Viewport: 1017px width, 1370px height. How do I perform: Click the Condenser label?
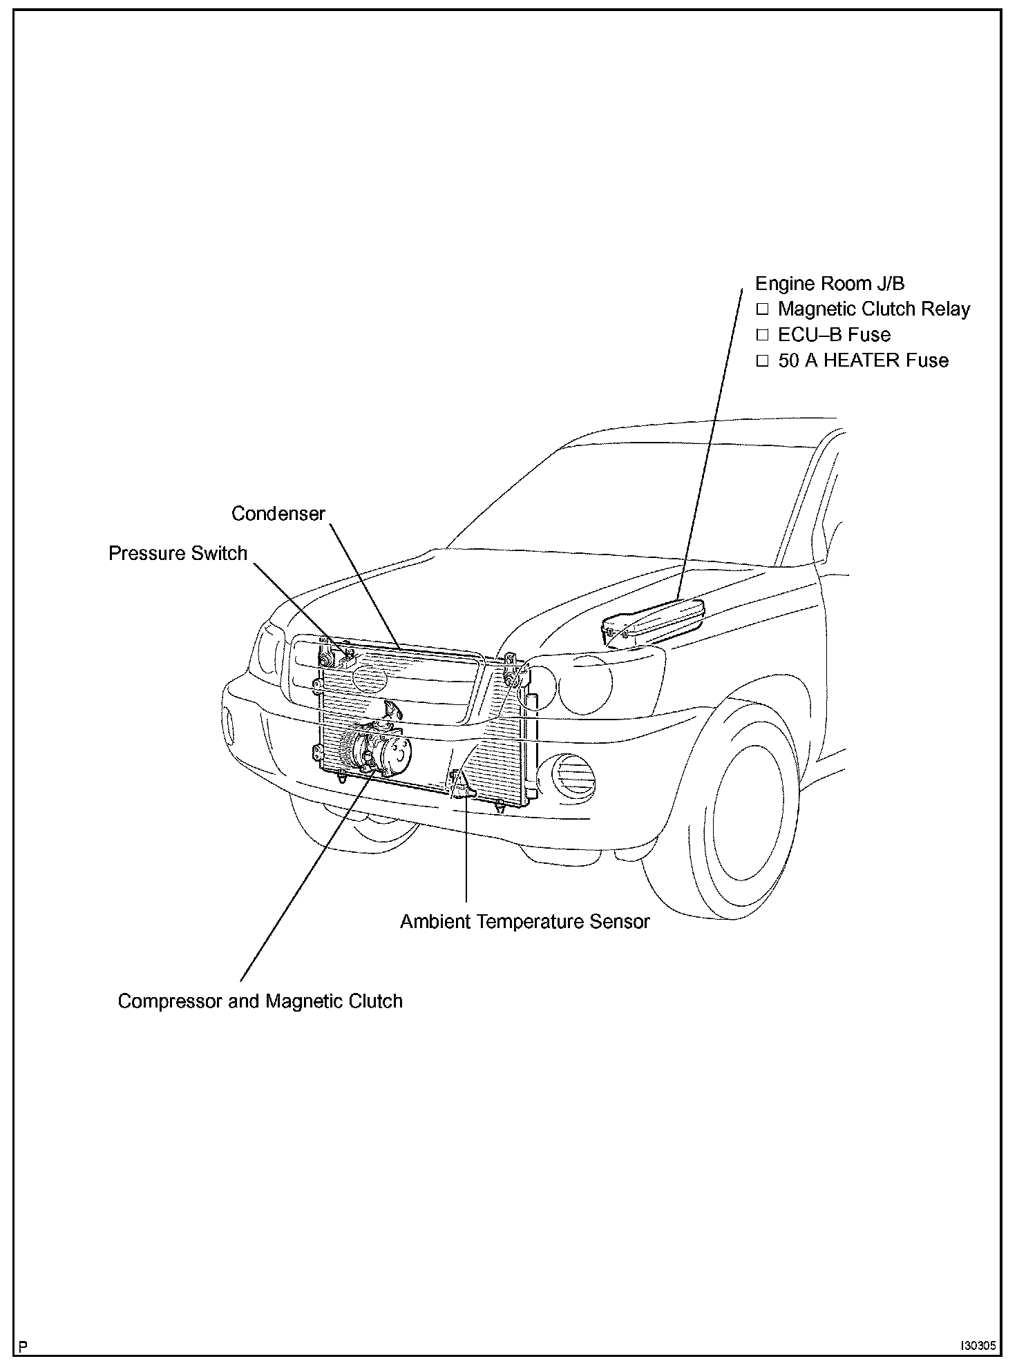[x=278, y=514]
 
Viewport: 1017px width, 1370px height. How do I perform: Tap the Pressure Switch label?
[x=178, y=553]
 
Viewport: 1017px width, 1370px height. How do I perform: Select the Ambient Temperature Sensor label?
[x=525, y=921]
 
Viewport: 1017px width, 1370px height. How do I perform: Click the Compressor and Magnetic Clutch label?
[x=260, y=1001]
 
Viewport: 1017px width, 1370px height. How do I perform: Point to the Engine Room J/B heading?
[x=829, y=283]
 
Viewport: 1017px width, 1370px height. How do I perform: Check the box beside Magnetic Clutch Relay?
[x=762, y=309]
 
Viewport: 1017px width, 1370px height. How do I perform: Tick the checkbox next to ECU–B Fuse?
[x=762, y=335]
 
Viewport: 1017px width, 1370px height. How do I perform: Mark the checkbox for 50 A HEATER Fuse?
[x=762, y=360]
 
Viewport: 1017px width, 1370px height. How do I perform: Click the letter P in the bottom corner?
[x=24, y=1347]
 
